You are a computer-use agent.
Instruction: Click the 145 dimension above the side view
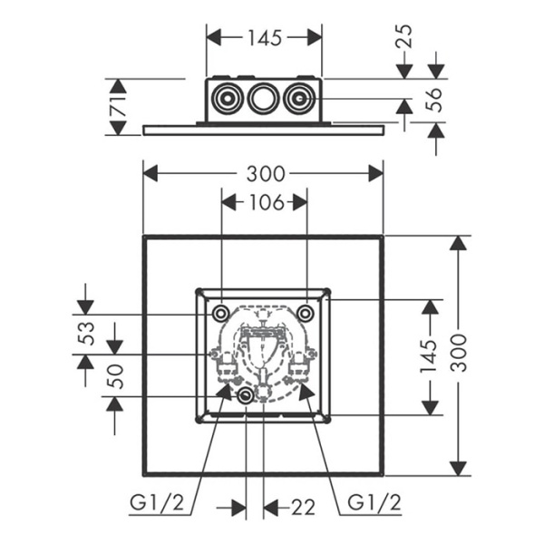coord(265,37)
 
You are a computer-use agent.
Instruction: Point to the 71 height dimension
coord(116,107)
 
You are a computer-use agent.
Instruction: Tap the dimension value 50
coord(116,374)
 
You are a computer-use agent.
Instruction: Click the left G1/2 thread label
coord(161,503)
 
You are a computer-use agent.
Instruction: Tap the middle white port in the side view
coord(263,97)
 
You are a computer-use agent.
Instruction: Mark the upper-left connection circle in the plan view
coord(220,313)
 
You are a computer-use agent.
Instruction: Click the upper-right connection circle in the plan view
coord(306,313)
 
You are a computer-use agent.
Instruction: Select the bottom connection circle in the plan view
coord(246,397)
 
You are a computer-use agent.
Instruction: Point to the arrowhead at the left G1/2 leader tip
coord(226,390)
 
